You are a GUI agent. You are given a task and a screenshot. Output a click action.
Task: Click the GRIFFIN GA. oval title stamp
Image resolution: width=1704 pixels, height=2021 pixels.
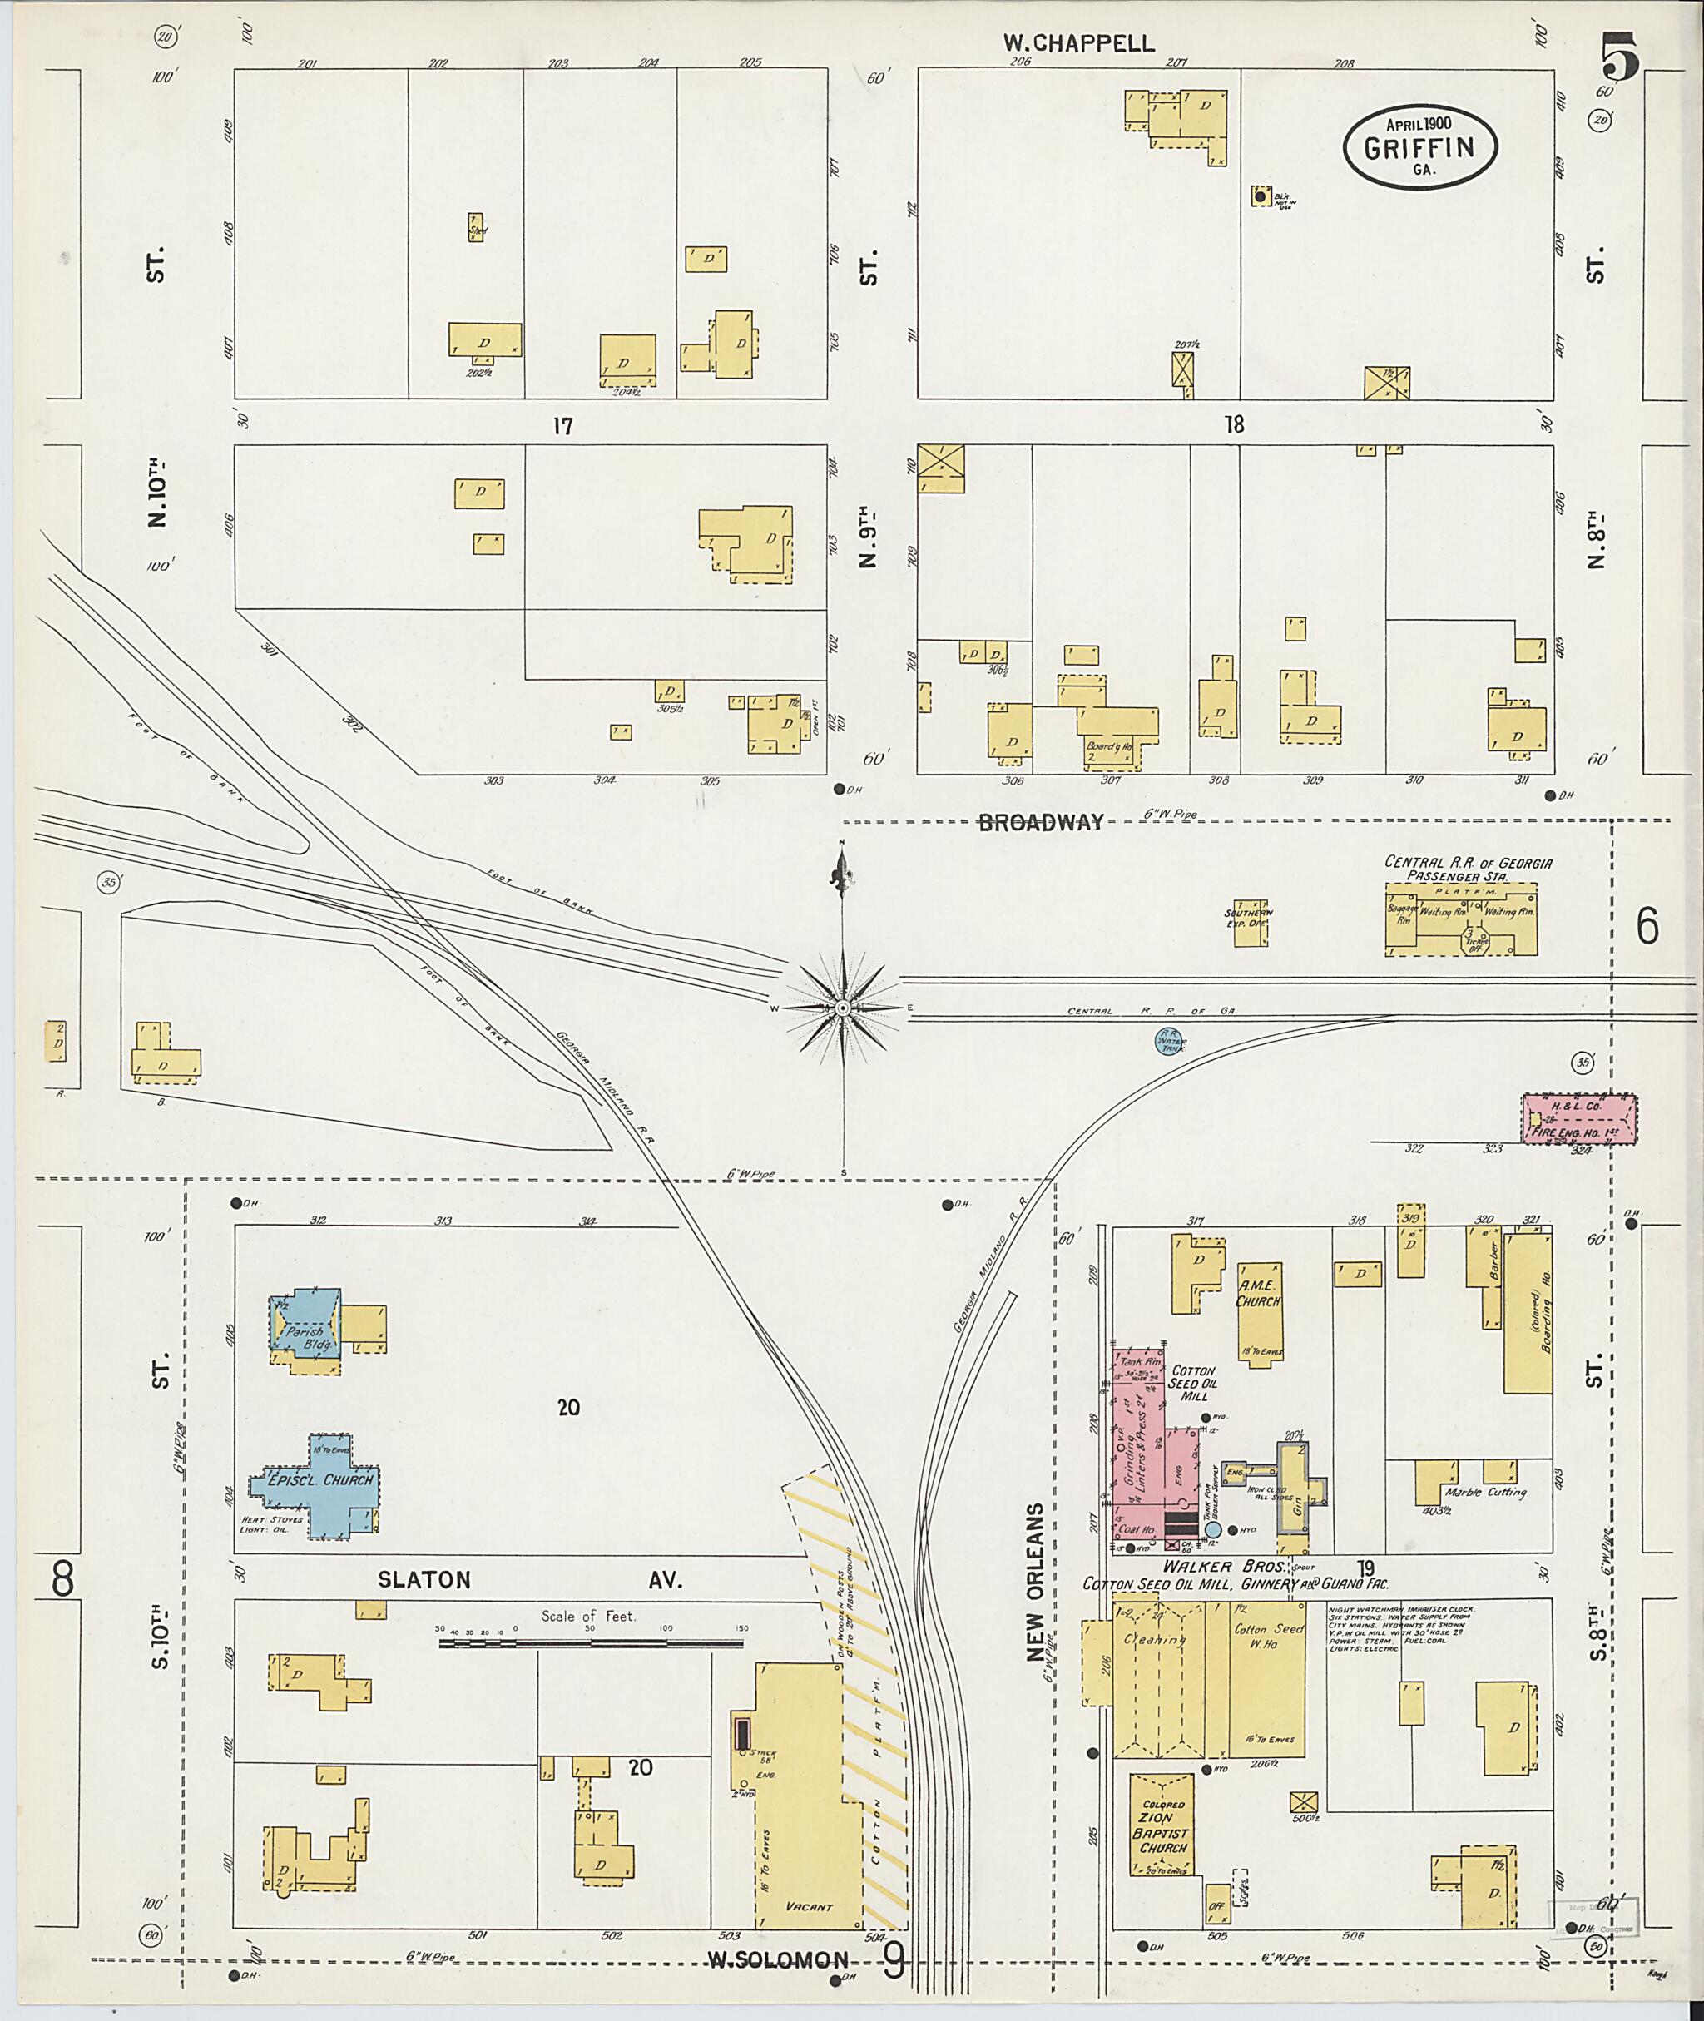coord(1419,146)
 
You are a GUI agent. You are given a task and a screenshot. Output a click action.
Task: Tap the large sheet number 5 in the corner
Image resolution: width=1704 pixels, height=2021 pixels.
coord(1620,58)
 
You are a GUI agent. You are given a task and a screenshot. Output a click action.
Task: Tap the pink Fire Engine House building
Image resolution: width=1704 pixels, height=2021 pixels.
coord(1579,1119)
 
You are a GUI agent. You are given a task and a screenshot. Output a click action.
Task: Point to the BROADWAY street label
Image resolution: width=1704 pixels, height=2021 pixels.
coord(1040,823)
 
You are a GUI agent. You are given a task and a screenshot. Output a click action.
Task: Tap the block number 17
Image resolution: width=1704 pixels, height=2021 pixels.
coord(562,425)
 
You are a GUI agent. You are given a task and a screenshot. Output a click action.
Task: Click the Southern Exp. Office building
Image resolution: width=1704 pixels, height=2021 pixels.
coord(1249,925)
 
